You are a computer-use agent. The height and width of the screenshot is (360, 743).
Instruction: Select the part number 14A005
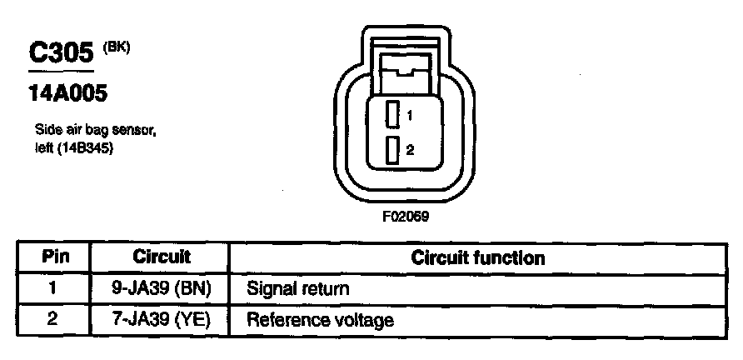(x=67, y=94)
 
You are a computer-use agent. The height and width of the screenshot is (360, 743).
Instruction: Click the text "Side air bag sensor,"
(x=96, y=131)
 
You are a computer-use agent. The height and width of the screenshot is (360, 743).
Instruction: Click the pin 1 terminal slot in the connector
(x=391, y=113)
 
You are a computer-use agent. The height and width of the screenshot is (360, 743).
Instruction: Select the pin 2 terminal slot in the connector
(x=391, y=150)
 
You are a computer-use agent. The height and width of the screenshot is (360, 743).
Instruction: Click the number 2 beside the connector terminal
(x=410, y=150)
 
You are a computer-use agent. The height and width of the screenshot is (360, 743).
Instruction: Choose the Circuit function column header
(x=477, y=257)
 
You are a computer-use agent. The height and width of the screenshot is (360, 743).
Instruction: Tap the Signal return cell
(x=297, y=288)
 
